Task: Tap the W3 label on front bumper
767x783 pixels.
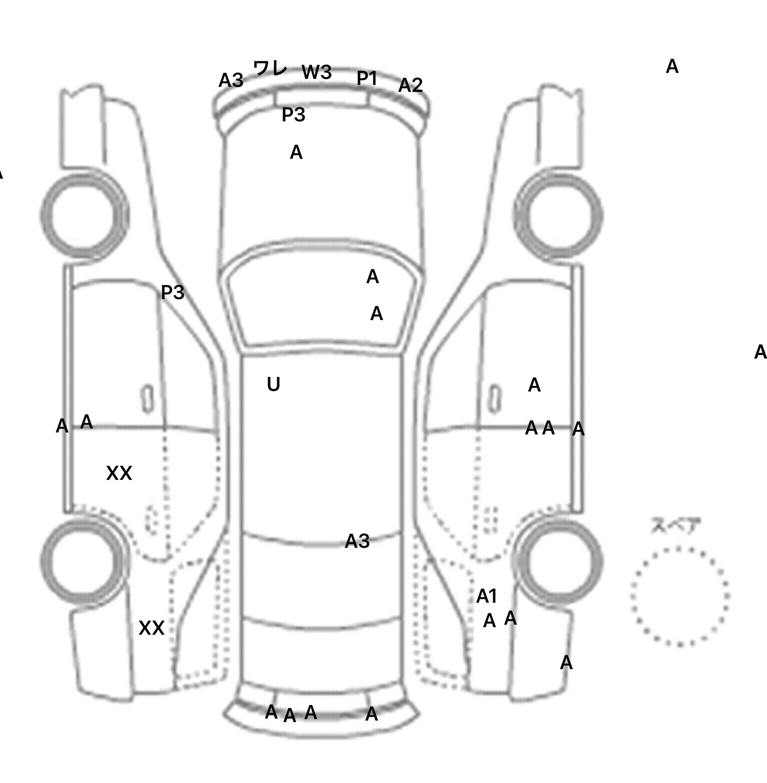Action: [x=317, y=72]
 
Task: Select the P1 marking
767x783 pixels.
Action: [x=367, y=78]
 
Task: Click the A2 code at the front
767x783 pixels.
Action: [x=410, y=85]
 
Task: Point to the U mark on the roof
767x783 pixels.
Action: [x=273, y=384]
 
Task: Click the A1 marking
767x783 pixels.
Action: [x=487, y=596]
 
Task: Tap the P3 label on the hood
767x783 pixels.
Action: [x=294, y=115]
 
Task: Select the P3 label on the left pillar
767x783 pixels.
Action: [x=173, y=292]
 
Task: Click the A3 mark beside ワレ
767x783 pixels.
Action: [x=231, y=80]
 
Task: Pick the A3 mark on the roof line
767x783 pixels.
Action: [x=358, y=541]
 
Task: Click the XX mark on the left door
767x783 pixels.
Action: [x=119, y=473]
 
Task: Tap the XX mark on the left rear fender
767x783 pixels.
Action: [x=151, y=628]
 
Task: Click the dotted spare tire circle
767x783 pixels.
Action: [x=680, y=596]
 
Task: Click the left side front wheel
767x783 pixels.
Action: [x=84, y=216]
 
